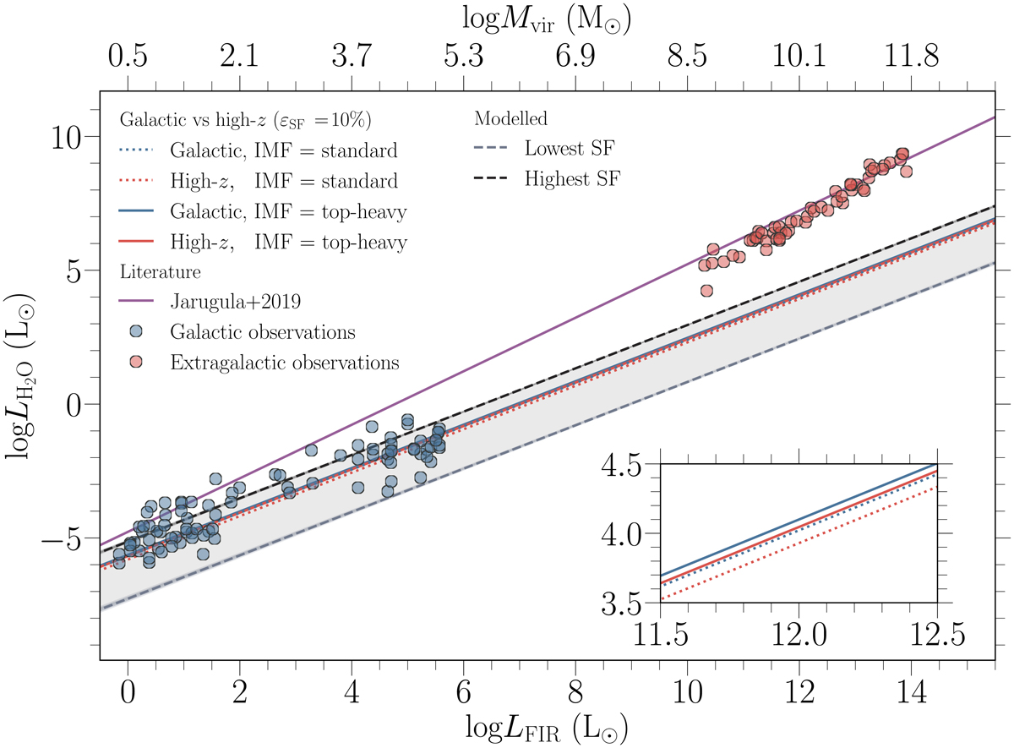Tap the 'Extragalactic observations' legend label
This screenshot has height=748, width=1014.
(283, 363)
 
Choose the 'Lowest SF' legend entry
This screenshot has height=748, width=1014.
(569, 150)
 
